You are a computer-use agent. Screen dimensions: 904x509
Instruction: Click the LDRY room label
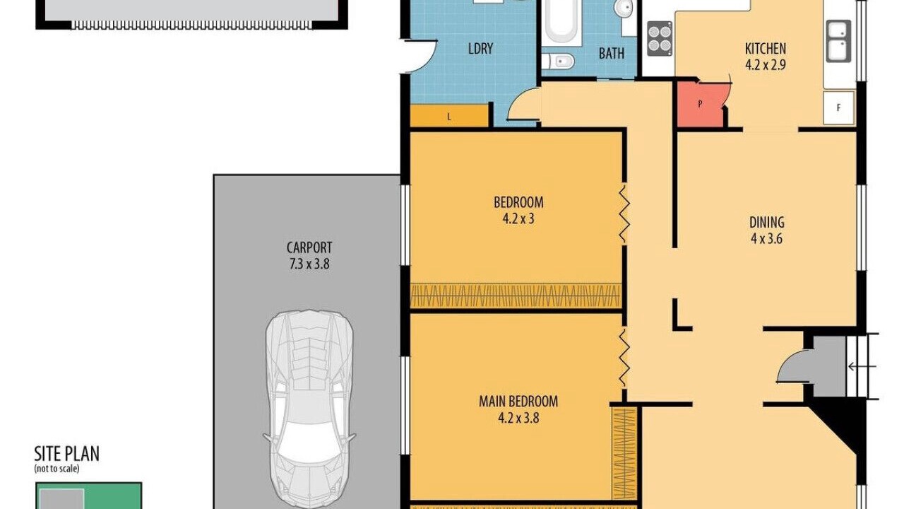(481, 49)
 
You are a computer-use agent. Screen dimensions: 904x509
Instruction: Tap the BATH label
(612, 53)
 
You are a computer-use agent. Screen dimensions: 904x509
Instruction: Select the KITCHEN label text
(766, 49)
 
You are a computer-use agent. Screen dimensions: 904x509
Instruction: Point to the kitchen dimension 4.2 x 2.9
(766, 65)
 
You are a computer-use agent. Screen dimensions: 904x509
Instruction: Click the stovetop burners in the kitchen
(660, 39)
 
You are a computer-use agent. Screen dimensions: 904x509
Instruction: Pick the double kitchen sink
(838, 41)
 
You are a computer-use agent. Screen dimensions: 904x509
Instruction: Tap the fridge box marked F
(839, 108)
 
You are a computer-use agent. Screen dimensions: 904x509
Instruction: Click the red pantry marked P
(700, 104)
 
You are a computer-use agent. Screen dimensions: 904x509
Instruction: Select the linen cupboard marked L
(449, 117)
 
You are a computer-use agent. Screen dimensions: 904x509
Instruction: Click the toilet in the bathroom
(558, 62)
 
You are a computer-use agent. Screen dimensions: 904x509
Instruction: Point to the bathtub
(561, 21)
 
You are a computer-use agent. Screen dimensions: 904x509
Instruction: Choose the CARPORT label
(309, 247)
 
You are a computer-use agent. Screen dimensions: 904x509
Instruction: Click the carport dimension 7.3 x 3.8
(309, 264)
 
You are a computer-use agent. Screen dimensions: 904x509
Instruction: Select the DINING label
(767, 222)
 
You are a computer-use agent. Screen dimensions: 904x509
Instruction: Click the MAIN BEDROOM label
(518, 401)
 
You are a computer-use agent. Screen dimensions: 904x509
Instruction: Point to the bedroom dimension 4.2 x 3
(518, 218)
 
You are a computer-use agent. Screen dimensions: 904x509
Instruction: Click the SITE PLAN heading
(66, 454)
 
